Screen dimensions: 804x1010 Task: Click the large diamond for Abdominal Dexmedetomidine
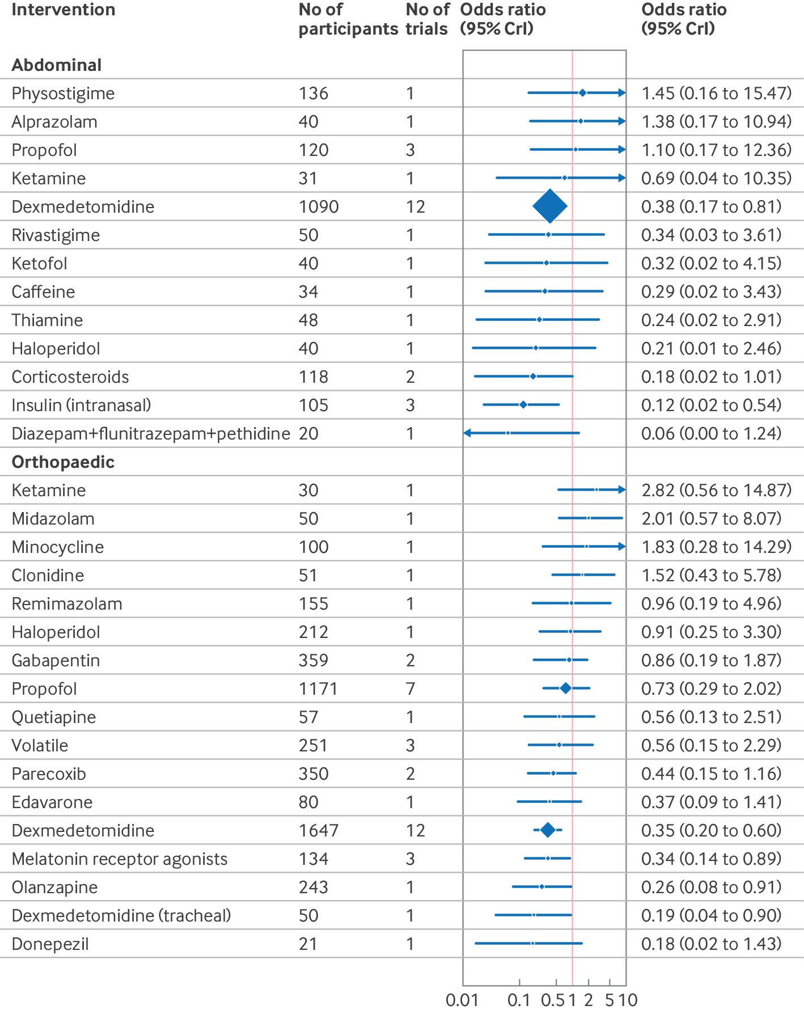(x=550, y=206)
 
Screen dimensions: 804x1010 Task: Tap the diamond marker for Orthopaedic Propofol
(x=565, y=688)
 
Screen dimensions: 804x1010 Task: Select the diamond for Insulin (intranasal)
(x=523, y=404)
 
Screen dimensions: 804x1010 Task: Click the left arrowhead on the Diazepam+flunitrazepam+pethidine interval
(x=467, y=433)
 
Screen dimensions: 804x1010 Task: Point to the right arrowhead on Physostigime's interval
(x=622, y=93)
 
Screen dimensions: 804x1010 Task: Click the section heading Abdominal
(x=57, y=65)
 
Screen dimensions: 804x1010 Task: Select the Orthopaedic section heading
(x=63, y=462)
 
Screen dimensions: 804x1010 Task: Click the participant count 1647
(x=319, y=830)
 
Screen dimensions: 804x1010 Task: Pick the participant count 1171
(x=318, y=688)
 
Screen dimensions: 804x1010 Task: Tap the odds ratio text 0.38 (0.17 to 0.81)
(x=712, y=206)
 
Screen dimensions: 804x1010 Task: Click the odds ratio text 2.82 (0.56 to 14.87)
(x=717, y=490)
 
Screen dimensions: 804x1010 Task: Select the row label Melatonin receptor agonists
(x=120, y=859)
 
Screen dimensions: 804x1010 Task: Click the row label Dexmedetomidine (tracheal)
(x=121, y=915)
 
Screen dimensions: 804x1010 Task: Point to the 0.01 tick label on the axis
(x=463, y=1000)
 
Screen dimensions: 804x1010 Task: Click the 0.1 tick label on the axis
(x=519, y=1000)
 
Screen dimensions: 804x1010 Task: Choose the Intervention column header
(x=64, y=10)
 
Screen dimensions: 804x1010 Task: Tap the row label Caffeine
(x=43, y=291)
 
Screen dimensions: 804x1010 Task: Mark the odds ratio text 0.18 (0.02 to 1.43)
(x=712, y=944)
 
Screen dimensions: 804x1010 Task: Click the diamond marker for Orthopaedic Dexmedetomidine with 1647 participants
(x=548, y=830)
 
